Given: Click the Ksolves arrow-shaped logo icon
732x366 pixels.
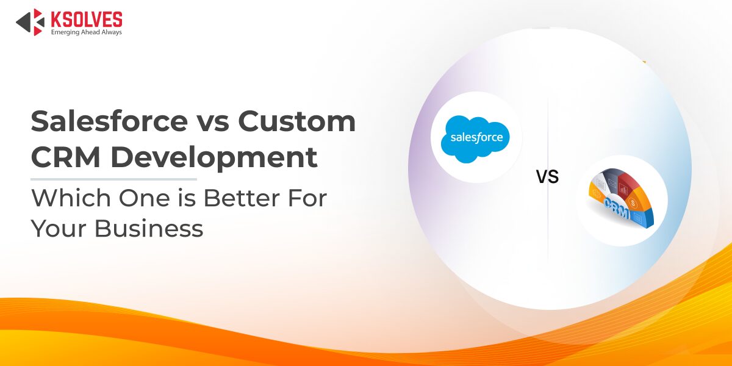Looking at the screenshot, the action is pos(30,22).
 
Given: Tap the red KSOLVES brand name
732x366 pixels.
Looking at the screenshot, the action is pos(87,19).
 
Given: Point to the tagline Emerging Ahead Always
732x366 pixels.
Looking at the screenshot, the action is pos(86,32).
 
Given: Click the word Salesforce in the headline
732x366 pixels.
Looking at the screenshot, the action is pos(109,121).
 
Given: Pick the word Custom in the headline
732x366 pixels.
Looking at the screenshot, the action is pos(296,121).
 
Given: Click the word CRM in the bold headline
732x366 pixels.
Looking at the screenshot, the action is pos(65,157).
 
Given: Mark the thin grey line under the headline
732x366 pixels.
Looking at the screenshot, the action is pos(113,179).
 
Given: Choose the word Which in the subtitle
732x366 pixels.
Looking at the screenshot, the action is pos(71,198).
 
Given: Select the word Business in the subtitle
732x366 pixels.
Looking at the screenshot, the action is pos(149,228).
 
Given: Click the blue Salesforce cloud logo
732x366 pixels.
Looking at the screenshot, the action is pos(475,139).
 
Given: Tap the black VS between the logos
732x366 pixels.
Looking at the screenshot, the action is pos(547,176).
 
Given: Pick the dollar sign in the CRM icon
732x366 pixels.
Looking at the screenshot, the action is pos(633,203).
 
